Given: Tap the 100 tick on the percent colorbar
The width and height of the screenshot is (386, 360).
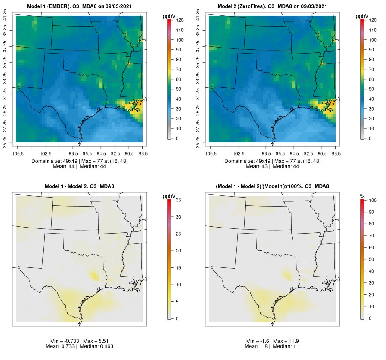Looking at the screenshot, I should point(370,200).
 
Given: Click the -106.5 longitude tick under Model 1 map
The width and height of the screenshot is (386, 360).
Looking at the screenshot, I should point(17,153).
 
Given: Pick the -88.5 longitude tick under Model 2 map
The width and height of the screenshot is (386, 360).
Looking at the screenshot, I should point(336,153).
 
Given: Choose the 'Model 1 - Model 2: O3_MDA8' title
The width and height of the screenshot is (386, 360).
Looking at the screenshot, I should point(79,186).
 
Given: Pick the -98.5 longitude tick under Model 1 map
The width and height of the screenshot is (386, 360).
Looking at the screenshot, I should point(73,153).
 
